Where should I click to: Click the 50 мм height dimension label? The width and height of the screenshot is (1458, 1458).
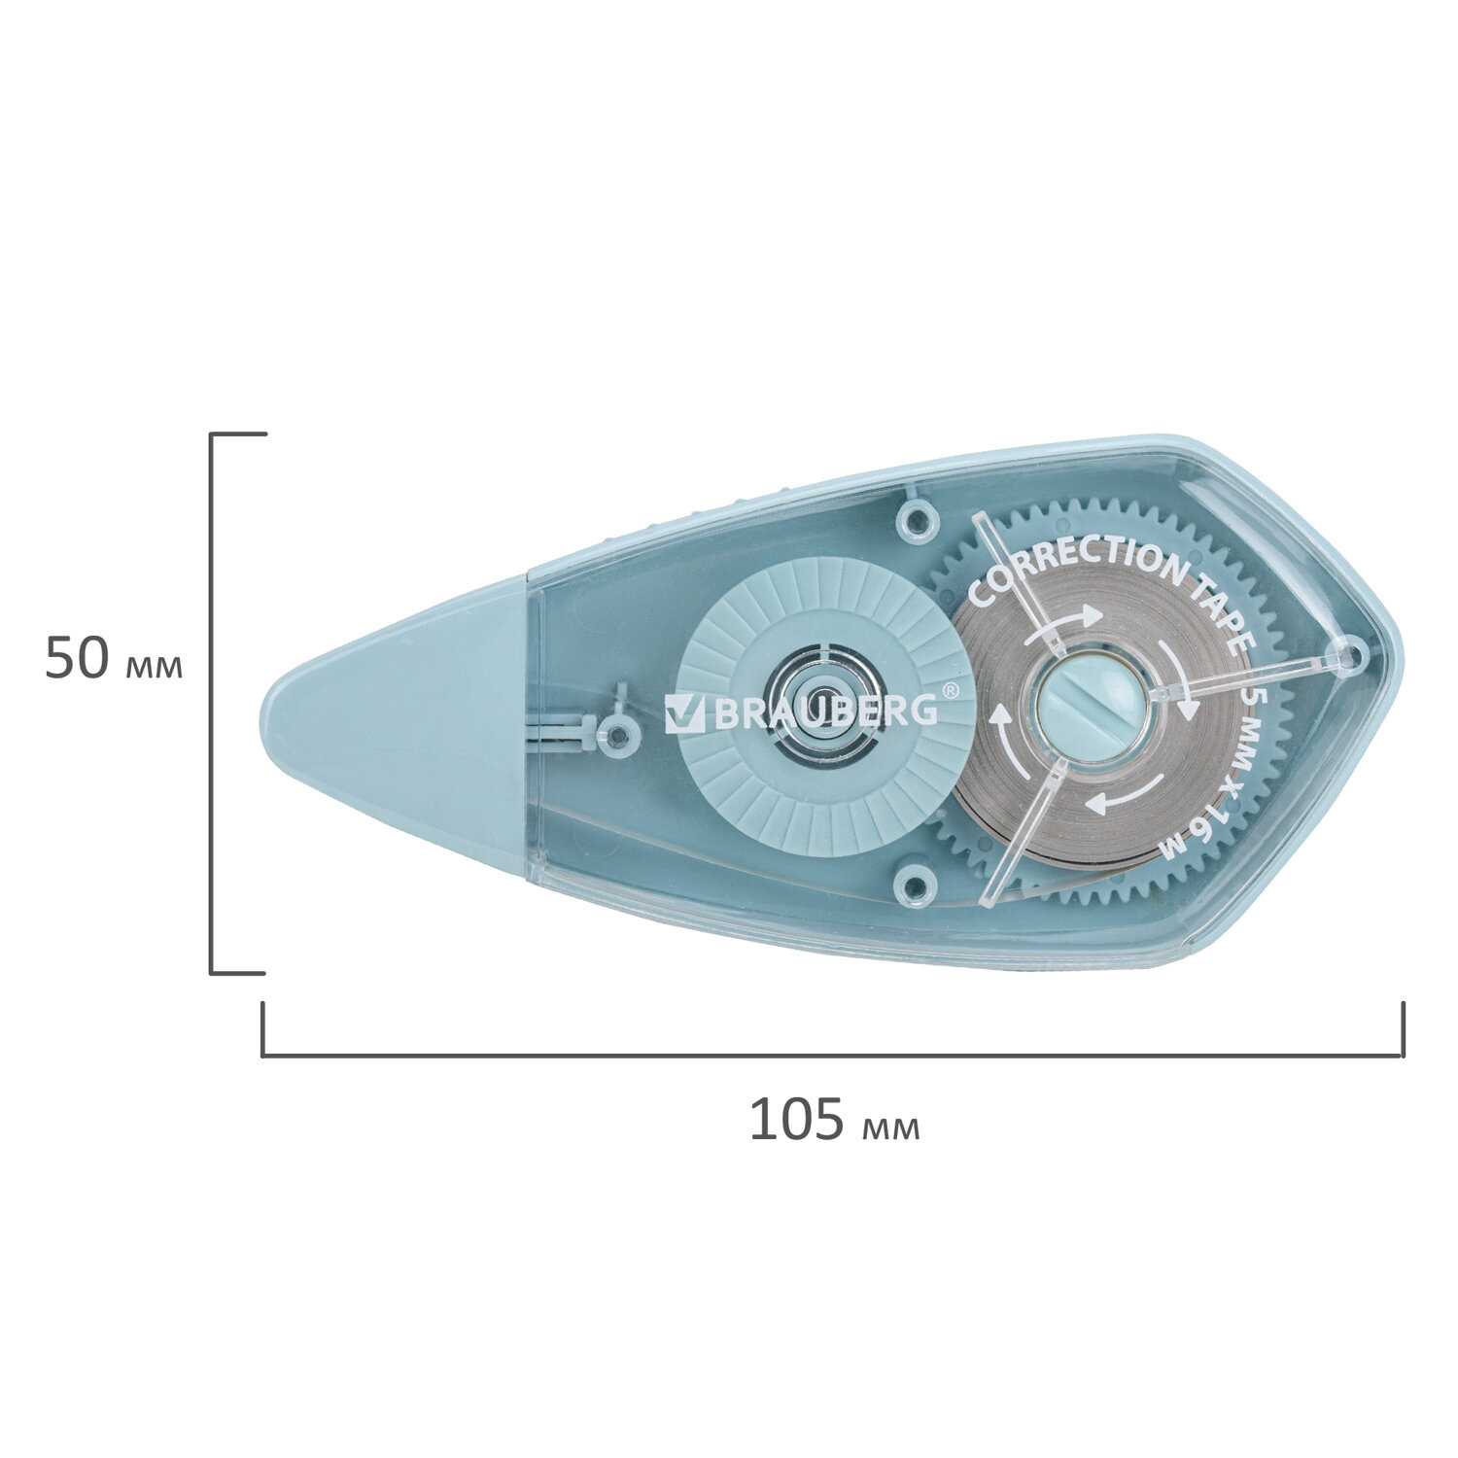[114, 658]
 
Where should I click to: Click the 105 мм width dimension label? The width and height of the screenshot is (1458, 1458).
[834, 1120]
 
